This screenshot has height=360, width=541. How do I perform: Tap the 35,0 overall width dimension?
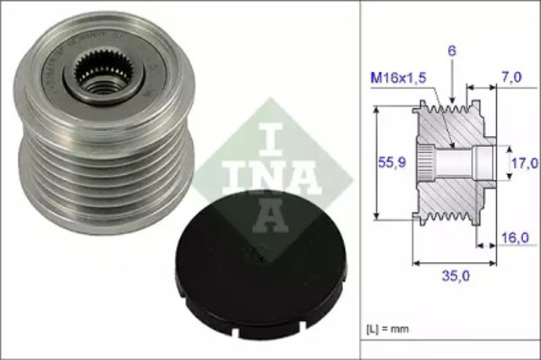click(454, 275)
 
